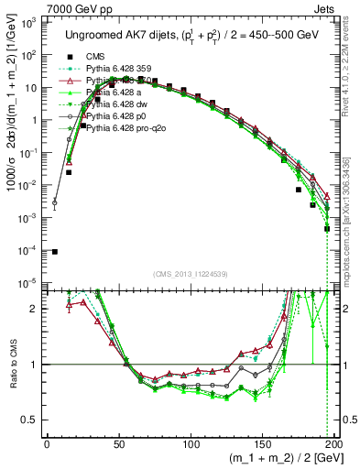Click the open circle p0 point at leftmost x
(x=54, y=202)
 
